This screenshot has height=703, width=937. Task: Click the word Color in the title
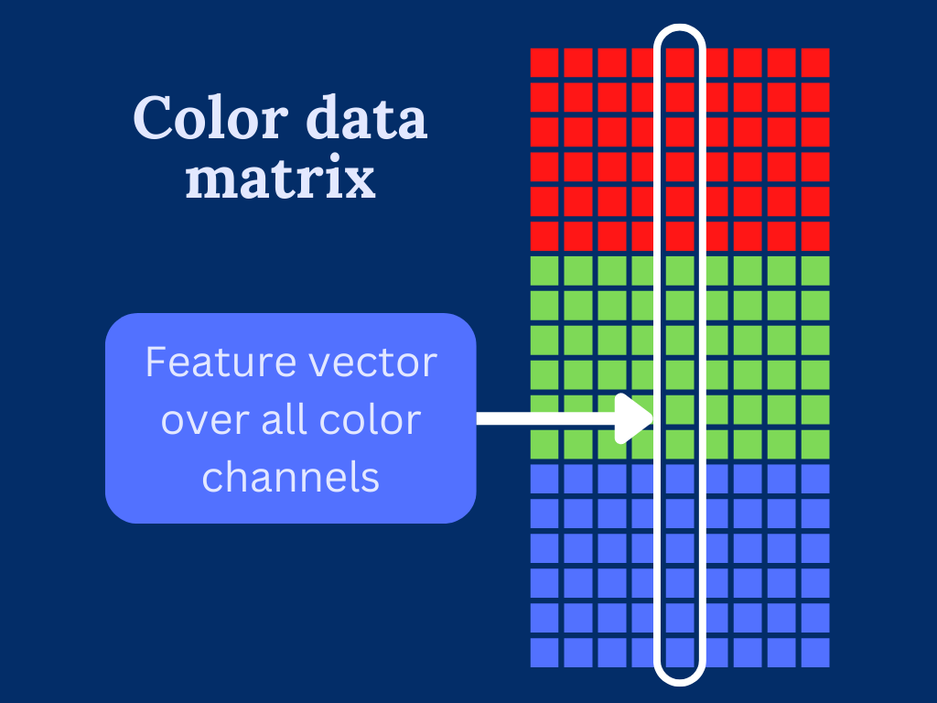(x=199, y=120)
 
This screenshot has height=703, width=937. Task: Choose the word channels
(x=290, y=477)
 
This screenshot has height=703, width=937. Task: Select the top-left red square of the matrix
(x=544, y=62)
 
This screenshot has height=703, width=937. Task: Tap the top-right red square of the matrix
(x=815, y=62)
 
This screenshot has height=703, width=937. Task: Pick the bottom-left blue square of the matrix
(x=544, y=653)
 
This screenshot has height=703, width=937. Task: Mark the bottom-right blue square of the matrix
(x=815, y=653)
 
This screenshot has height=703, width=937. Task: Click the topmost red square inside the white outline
(x=680, y=62)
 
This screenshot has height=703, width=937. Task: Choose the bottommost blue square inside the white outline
(x=680, y=653)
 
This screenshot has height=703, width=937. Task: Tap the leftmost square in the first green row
(x=544, y=271)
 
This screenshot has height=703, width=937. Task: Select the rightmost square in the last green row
(x=815, y=444)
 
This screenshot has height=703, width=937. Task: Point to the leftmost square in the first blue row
(x=544, y=479)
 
